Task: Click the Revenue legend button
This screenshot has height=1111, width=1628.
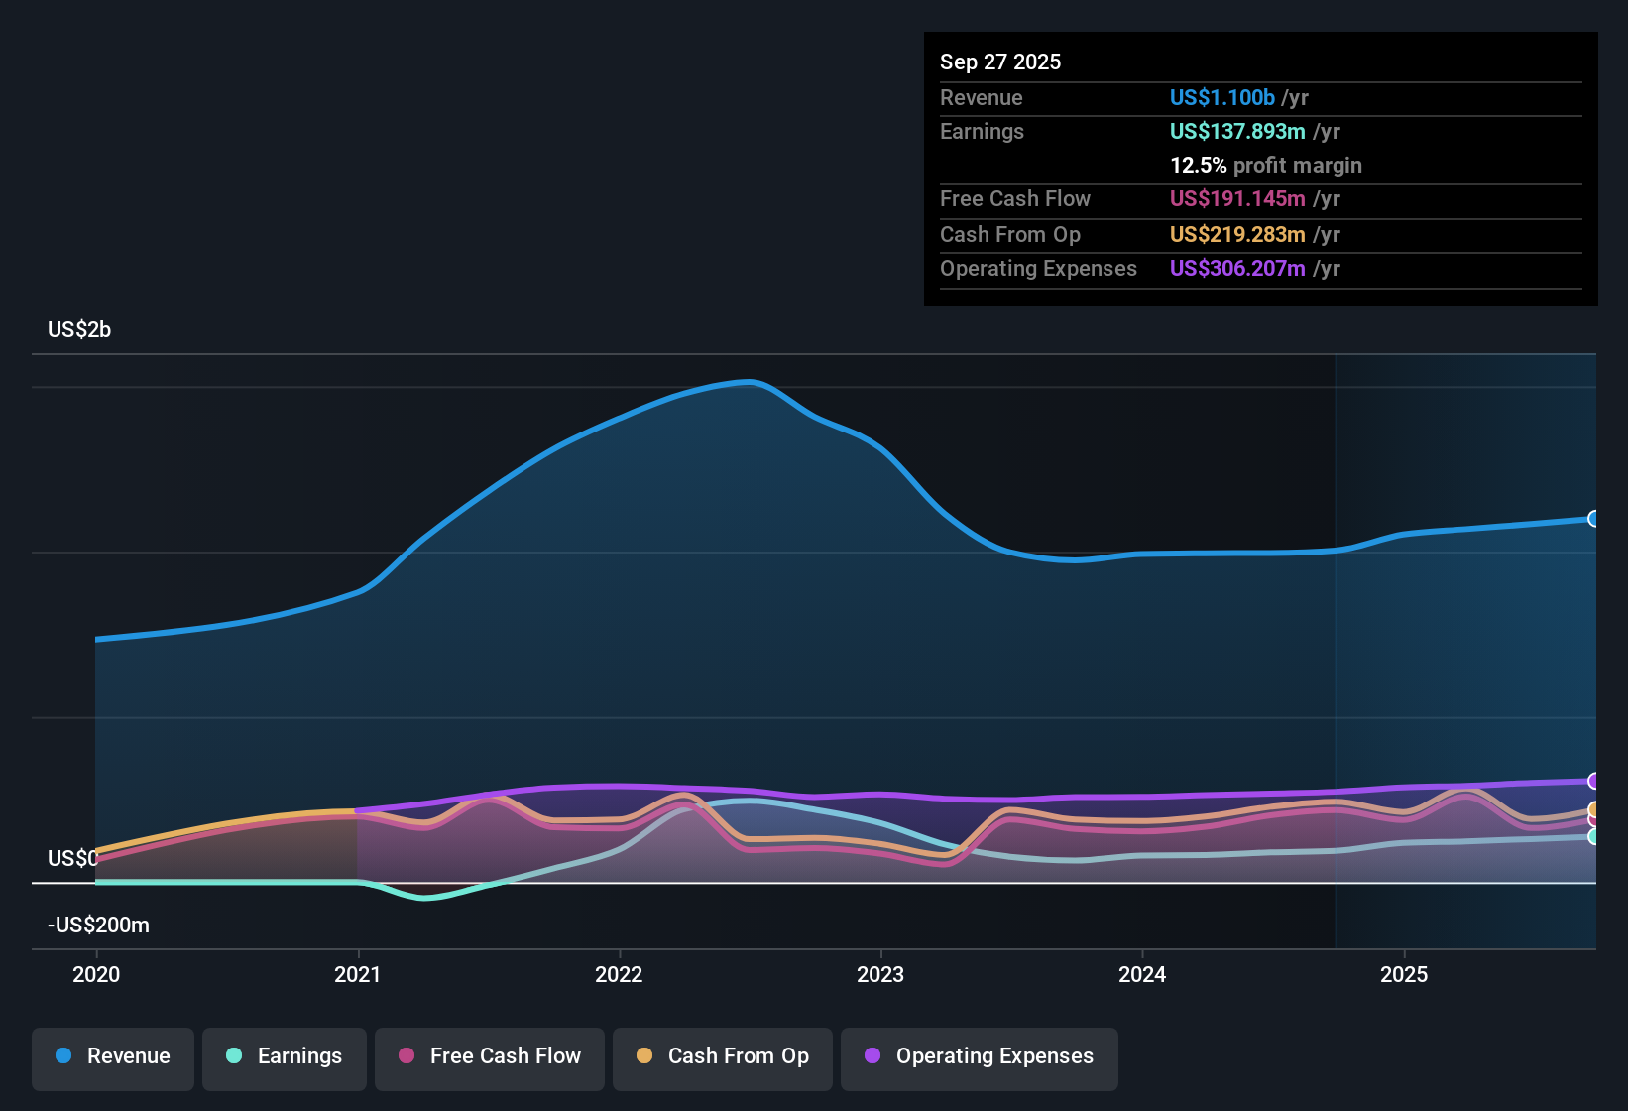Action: point(113,1056)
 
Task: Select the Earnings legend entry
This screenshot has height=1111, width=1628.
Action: point(285,1056)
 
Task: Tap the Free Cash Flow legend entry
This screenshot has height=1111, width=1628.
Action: point(490,1056)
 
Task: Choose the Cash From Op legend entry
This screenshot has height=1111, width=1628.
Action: point(723,1056)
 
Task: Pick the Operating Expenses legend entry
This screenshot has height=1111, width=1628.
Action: point(980,1056)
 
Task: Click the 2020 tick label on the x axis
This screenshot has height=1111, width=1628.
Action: point(96,974)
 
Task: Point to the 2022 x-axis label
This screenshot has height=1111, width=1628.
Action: point(619,974)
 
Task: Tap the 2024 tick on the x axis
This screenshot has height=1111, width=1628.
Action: point(1142,974)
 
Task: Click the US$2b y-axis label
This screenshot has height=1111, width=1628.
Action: point(79,330)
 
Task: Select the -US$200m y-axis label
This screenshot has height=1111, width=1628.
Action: point(98,926)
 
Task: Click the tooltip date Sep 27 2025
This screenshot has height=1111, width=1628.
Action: point(999,62)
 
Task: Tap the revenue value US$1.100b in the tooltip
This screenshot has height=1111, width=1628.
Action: point(1221,98)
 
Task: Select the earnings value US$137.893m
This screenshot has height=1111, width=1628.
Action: point(1236,132)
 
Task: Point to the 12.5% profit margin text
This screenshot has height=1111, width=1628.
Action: point(1265,166)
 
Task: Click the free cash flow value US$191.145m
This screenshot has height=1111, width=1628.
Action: point(1236,199)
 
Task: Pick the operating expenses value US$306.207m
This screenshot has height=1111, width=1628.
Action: point(1236,269)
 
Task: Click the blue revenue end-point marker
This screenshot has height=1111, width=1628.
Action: point(1593,519)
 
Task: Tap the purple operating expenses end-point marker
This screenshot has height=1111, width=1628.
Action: point(1593,781)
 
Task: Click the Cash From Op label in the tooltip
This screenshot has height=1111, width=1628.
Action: point(1009,235)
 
